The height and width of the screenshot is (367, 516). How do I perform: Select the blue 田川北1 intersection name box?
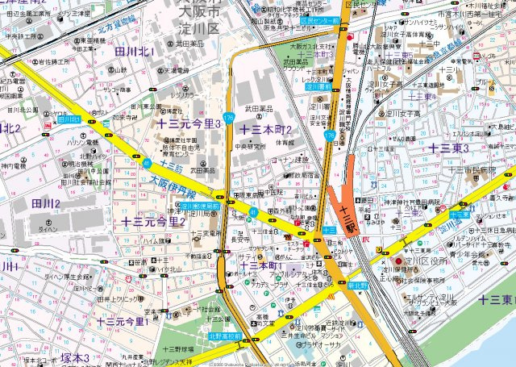(x=70, y=119)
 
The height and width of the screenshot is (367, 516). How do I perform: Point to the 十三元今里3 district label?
(x=189, y=123)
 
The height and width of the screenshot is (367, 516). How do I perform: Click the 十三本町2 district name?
(x=265, y=130)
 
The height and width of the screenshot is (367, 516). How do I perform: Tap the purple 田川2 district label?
(x=46, y=203)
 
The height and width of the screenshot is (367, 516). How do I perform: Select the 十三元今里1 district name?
(x=121, y=321)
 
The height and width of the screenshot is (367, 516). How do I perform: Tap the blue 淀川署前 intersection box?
(x=319, y=87)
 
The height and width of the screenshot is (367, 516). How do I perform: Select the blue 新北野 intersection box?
(x=357, y=285)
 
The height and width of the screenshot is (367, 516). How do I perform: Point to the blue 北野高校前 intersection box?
(x=225, y=336)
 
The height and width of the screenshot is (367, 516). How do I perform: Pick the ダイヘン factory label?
(x=48, y=229)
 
